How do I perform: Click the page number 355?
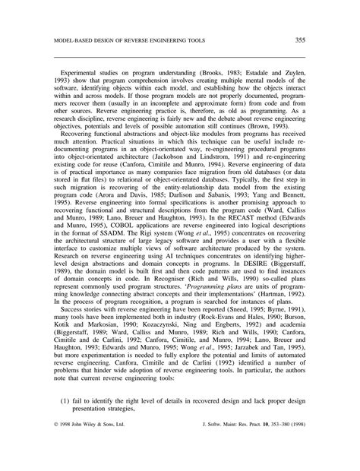click(x=300, y=39)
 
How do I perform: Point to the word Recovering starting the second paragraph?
click(x=81, y=131)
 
